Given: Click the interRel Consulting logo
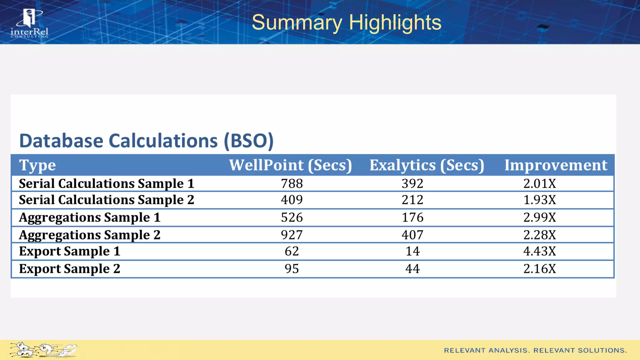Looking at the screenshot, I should (30, 23).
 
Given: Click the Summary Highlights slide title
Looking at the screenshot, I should (346, 22).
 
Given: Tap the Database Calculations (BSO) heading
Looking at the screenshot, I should (146, 141).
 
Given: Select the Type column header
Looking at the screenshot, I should (37, 165).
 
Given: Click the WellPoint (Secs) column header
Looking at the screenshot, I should (290, 165).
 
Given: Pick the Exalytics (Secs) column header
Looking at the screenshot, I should (427, 165).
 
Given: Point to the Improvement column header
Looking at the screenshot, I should (556, 165).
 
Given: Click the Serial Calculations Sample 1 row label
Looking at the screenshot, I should (107, 183).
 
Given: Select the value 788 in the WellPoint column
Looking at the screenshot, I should (292, 183).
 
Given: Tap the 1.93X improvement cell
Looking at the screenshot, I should (540, 200).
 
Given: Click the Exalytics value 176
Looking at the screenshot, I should (412, 217).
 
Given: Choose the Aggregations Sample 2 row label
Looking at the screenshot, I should (90, 235).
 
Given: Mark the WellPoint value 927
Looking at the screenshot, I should (292, 235).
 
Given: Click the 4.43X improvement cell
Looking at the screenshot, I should (540, 251).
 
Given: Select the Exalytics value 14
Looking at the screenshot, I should (412, 251).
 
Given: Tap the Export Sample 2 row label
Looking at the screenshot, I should (70, 269).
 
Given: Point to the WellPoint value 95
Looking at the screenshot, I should (292, 269).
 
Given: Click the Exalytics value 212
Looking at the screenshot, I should (412, 200).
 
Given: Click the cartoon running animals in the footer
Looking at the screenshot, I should (43, 350).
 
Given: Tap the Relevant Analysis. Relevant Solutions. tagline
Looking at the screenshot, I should (535, 350).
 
